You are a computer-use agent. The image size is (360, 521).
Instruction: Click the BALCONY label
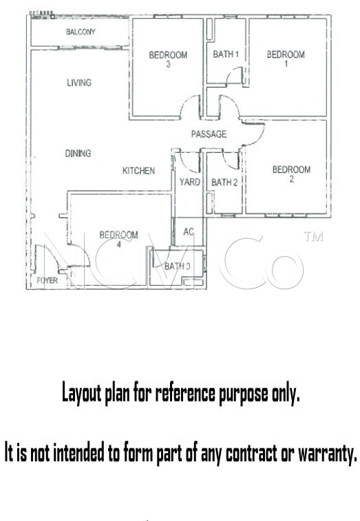(x=81, y=32)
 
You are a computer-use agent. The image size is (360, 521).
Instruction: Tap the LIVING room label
(x=79, y=83)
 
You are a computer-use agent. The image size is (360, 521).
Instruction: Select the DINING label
(x=78, y=153)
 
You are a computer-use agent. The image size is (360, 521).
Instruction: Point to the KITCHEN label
(x=138, y=171)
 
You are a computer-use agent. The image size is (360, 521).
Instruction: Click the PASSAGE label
(x=209, y=134)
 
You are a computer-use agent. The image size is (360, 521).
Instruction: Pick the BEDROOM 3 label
(x=168, y=59)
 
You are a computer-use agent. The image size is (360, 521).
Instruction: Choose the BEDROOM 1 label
(x=286, y=59)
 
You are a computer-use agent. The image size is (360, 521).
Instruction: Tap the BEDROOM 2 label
(x=292, y=173)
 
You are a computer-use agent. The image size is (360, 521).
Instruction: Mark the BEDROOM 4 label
(x=118, y=240)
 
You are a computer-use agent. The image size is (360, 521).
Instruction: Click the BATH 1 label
(x=226, y=54)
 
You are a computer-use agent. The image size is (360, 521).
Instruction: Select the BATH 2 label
(x=224, y=182)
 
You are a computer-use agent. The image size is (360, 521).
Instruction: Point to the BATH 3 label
(x=178, y=266)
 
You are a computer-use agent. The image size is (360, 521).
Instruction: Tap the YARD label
(x=190, y=182)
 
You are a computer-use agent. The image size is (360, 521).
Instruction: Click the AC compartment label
(x=189, y=231)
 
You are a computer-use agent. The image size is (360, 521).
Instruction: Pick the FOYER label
(x=47, y=280)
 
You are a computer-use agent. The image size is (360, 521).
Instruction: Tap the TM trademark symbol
(x=313, y=236)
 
